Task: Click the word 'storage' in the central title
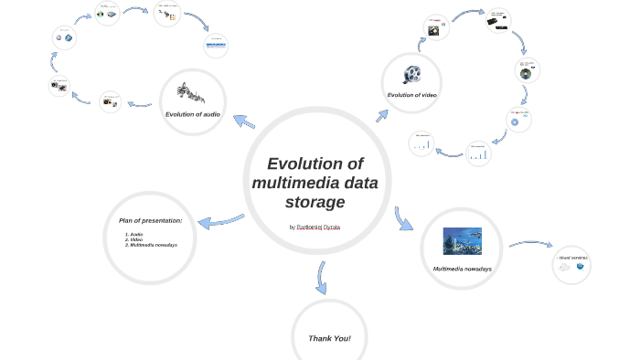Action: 315,202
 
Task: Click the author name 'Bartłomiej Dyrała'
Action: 318,227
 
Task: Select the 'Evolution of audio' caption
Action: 192,114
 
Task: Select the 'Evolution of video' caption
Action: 411,94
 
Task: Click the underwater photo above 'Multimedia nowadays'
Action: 462,241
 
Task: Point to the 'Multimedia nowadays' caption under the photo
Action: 462,269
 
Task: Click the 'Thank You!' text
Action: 329,338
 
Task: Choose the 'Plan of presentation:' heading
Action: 150,220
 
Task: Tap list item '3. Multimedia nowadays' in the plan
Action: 151,245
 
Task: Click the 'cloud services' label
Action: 573,259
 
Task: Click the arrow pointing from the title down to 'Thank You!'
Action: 321,277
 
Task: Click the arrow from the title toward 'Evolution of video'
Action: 381,115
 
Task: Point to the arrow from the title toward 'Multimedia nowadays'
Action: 403,218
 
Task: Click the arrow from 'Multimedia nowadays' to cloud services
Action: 530,244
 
